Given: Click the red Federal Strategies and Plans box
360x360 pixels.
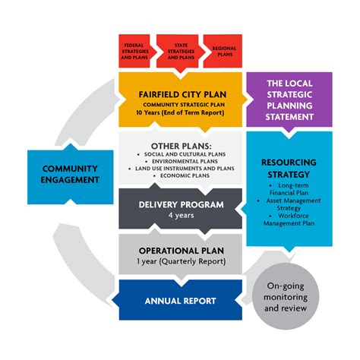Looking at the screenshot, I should pyautogui.click(x=134, y=51).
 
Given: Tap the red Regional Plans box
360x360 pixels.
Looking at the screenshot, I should pyautogui.click(x=223, y=51).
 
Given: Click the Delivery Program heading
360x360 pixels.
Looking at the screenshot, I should pyautogui.click(x=180, y=203).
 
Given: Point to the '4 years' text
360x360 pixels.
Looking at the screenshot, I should pyautogui.click(x=180, y=215).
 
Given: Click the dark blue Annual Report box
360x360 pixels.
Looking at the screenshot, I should pyautogui.click(x=180, y=301).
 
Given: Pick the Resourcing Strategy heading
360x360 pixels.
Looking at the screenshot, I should pyautogui.click(x=289, y=168).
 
